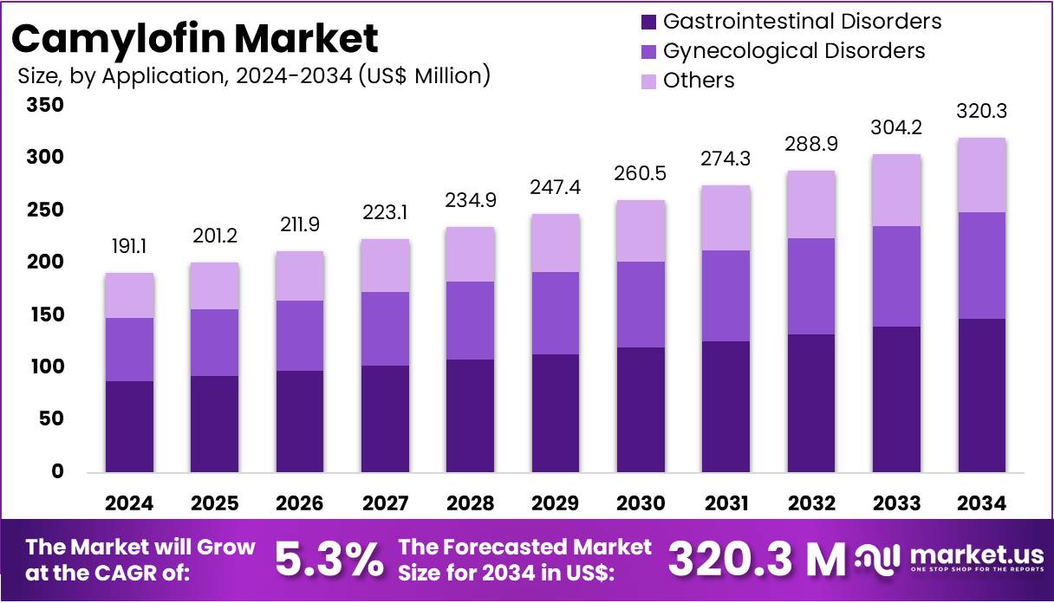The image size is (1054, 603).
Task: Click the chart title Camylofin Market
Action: click(196, 39)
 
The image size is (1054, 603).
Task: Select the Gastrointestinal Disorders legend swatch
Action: click(649, 21)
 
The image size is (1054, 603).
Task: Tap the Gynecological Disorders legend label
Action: click(793, 51)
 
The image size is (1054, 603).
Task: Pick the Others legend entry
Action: click(698, 81)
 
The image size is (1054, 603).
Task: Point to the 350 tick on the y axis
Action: click(45, 106)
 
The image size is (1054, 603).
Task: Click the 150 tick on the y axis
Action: click(45, 315)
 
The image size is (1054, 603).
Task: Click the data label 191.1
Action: click(129, 247)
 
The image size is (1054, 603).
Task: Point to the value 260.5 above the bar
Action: click(641, 174)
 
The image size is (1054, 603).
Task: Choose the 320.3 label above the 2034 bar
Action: click(981, 112)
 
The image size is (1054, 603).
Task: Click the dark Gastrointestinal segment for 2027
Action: click(385, 418)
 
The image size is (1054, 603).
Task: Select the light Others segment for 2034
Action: click(981, 175)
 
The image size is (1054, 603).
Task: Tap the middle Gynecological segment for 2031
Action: click(725, 295)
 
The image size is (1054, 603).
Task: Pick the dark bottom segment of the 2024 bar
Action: click(129, 426)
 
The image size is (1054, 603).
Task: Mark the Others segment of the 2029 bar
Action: click(556, 243)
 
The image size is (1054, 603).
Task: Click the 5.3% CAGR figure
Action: click(329, 561)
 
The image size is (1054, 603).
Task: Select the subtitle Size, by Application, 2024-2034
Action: click(254, 76)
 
